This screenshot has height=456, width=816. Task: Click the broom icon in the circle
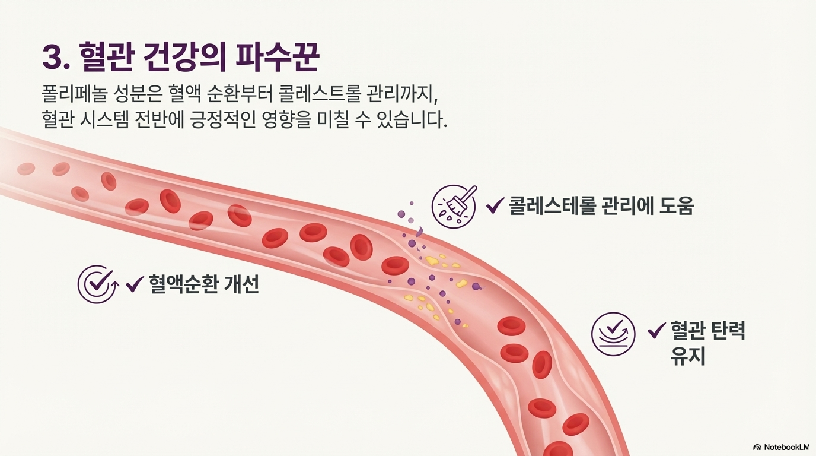(x=454, y=205)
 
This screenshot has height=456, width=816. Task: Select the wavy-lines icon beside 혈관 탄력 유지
(x=613, y=334)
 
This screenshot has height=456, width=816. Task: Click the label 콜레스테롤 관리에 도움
(x=601, y=205)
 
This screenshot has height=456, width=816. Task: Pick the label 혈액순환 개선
(x=203, y=284)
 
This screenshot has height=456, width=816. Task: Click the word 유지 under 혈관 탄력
(x=688, y=356)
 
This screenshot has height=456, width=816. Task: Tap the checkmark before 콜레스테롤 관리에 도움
(x=495, y=206)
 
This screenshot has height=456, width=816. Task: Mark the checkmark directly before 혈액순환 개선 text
(x=135, y=284)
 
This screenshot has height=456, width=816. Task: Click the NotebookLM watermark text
(x=786, y=447)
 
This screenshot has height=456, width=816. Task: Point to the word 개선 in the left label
(x=242, y=284)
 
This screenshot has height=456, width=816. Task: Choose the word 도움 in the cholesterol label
(x=676, y=205)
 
